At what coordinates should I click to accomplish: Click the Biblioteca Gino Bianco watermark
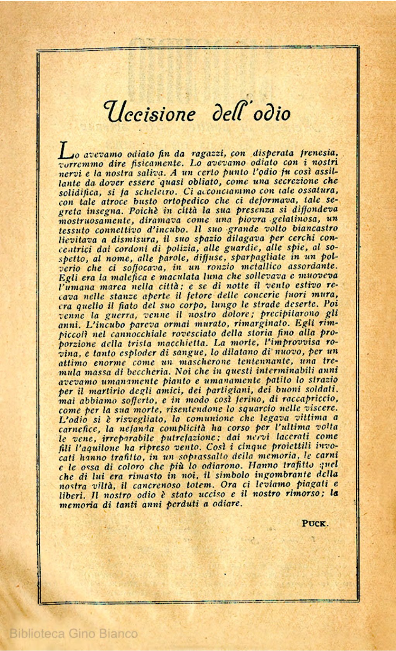coord(74,634)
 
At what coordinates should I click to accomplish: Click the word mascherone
coord(202,361)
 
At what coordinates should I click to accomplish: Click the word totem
coord(199,485)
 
